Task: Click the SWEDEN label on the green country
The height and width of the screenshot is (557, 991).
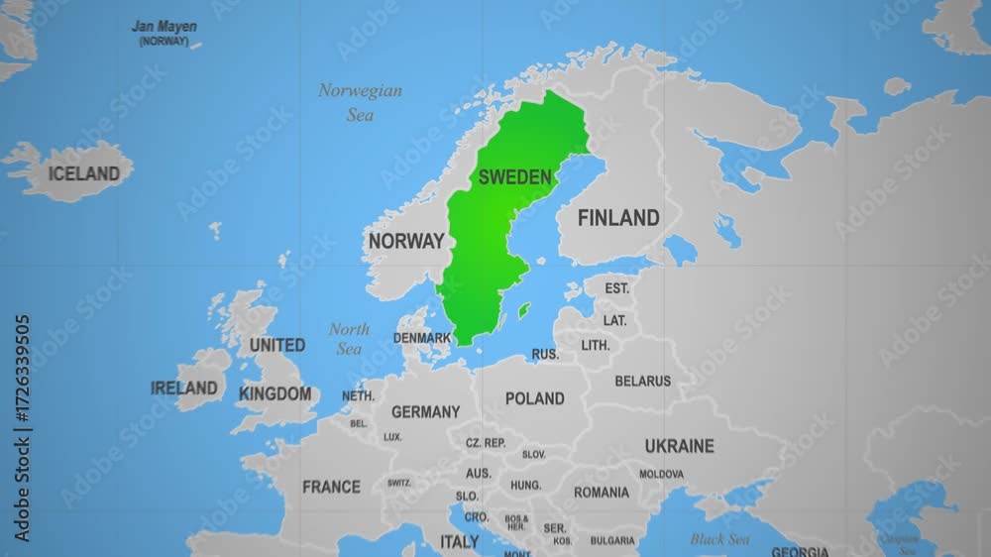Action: pos(514,177)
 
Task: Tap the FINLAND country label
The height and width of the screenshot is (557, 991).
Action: pos(618,218)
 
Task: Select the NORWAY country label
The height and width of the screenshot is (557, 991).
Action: pos(405,241)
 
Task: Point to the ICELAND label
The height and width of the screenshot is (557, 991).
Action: pos(83,173)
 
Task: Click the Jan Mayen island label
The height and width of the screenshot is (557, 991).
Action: pos(165,27)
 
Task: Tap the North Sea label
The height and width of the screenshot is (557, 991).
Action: pos(349,339)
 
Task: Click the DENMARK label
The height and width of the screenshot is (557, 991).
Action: pos(422,337)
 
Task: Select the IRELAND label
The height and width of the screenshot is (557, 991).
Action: pos(184,389)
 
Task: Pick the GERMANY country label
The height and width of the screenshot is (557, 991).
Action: pos(425,411)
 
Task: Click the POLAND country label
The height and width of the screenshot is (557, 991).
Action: pos(534,398)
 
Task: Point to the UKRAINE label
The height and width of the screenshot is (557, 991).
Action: pos(679,446)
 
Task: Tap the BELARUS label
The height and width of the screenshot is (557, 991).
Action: pos(642,381)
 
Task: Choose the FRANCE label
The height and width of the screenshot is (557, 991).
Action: pos(331,487)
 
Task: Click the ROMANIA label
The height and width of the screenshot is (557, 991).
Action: pos(601,493)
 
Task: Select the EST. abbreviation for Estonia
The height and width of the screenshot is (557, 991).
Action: pos(617,288)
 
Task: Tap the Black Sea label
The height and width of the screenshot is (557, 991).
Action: pos(719,539)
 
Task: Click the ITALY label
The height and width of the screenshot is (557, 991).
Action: pos(459,542)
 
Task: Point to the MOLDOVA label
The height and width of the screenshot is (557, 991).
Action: pos(661,474)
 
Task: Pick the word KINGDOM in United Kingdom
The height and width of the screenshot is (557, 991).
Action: pos(275,393)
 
